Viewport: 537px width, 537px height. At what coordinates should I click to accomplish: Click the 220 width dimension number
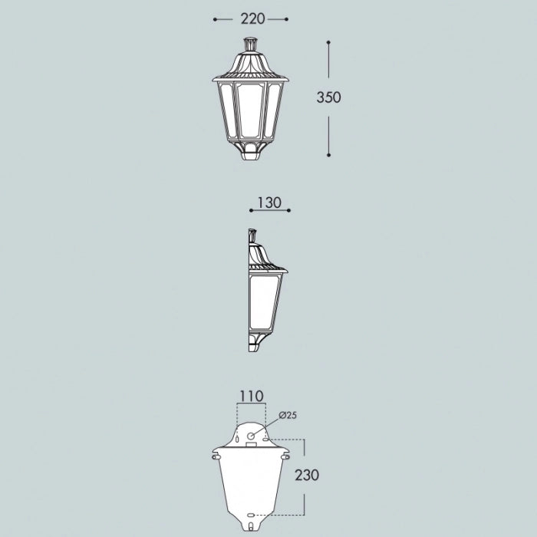tap(252, 19)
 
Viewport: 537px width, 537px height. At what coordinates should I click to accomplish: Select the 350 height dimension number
tap(328, 97)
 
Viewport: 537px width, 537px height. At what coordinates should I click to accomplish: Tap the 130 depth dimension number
tap(269, 203)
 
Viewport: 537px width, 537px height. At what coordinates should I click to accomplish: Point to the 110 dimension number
tap(252, 397)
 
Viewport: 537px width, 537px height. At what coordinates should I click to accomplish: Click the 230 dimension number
tap(307, 475)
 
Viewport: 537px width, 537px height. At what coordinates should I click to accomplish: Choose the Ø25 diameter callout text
tap(288, 416)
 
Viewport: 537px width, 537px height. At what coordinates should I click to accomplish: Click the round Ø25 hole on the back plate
tap(251, 436)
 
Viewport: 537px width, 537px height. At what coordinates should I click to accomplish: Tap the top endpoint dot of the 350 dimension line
tap(328, 42)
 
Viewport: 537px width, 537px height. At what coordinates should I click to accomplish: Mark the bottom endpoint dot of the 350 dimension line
tap(328, 155)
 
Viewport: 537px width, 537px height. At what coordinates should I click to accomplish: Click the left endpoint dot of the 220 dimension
tap(215, 19)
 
